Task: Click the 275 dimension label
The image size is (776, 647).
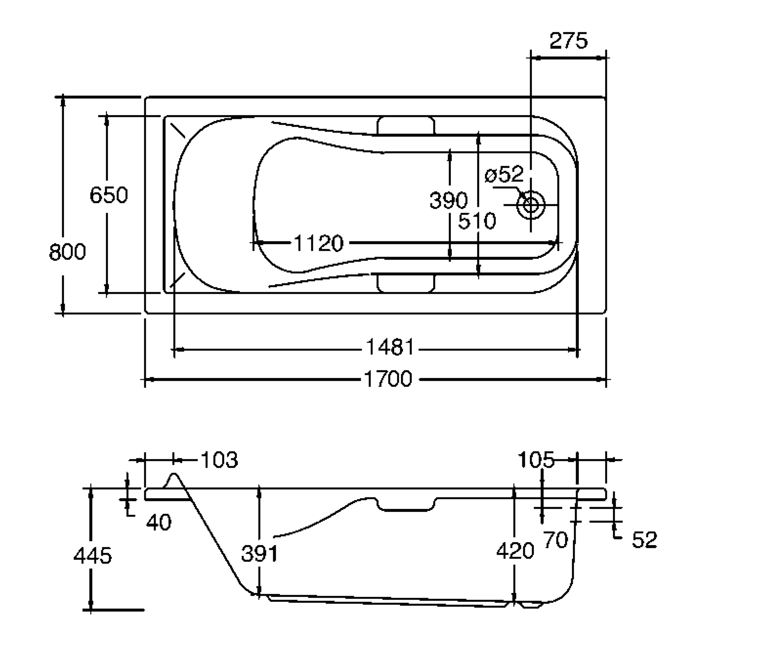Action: point(568,41)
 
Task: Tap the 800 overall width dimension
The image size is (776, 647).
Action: point(67,252)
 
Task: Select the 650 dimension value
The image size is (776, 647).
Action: point(108,195)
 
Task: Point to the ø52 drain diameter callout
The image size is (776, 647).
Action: point(504,175)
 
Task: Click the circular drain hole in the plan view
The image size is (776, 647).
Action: point(531,205)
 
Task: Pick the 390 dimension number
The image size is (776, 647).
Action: point(448,200)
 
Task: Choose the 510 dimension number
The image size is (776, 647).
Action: point(477,221)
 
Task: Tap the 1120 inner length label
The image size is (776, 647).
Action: point(318,243)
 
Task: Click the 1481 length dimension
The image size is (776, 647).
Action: point(390,347)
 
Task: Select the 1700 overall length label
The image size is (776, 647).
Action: point(388,379)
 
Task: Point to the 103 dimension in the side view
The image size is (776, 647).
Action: point(219,460)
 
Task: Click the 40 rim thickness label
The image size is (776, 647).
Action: point(158,523)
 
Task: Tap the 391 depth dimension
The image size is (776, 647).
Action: point(259,553)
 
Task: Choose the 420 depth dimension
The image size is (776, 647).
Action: point(515,551)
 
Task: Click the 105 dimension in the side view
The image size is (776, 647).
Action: point(536,460)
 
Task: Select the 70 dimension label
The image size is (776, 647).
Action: point(556,540)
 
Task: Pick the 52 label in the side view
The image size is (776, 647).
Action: point(644,540)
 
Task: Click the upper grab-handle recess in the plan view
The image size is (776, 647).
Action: point(406,125)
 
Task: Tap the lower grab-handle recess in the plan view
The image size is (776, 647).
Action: point(406,283)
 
